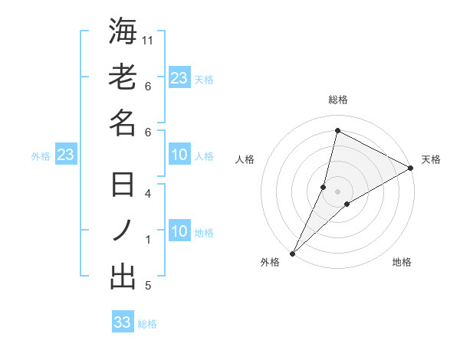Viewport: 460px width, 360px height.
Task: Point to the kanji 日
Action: pos(123,185)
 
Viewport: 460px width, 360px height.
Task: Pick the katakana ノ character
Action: pos(123,231)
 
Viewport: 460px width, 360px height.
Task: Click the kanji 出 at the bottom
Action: pos(123,277)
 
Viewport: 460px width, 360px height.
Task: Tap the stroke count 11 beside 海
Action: pos(149,39)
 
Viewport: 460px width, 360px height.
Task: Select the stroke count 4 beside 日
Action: pos(149,193)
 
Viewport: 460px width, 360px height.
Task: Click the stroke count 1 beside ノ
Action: pos(149,240)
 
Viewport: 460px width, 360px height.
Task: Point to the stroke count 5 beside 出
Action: pos(149,286)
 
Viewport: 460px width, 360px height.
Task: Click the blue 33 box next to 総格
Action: pos(123,322)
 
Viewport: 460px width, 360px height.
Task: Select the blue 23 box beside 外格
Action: pos(65,155)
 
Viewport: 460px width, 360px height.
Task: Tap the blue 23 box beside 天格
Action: pos(179,78)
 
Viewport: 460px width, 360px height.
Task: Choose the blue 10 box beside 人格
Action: pos(179,155)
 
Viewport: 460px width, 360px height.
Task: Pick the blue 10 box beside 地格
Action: pos(179,232)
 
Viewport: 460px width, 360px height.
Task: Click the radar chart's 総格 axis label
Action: pos(338,100)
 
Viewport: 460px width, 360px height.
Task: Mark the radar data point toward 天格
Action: pos(411,169)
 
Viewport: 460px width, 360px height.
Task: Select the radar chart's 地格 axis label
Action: pos(402,263)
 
